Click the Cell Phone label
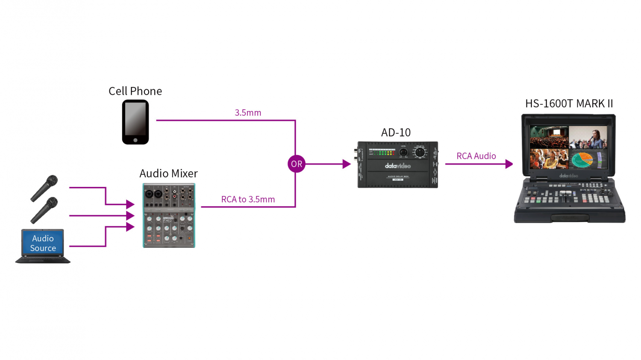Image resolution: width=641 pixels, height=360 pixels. (x=135, y=91)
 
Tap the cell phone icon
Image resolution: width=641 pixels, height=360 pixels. (x=135, y=122)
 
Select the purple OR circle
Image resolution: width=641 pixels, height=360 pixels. (x=297, y=164)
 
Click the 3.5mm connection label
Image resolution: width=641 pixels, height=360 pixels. (x=248, y=113)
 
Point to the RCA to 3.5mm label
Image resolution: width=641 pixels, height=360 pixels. (x=248, y=199)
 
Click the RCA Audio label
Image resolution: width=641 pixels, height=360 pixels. (x=476, y=156)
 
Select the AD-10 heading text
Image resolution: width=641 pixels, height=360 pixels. (x=396, y=133)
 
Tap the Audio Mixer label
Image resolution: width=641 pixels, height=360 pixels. (x=168, y=173)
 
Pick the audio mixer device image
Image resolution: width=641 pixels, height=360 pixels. (x=169, y=216)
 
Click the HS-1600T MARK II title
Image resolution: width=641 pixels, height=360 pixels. (x=569, y=104)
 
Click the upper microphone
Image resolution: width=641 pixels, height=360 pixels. (x=44, y=188)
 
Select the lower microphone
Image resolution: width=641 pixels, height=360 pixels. (x=44, y=210)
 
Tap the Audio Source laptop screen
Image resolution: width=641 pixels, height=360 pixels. (x=43, y=243)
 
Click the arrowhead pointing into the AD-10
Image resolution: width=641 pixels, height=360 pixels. (x=347, y=164)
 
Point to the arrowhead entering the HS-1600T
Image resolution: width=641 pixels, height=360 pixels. (x=509, y=164)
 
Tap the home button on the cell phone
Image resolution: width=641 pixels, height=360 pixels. (x=135, y=140)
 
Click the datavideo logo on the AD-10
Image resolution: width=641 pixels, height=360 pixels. (x=397, y=166)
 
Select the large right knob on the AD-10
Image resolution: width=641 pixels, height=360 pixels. (x=420, y=152)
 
